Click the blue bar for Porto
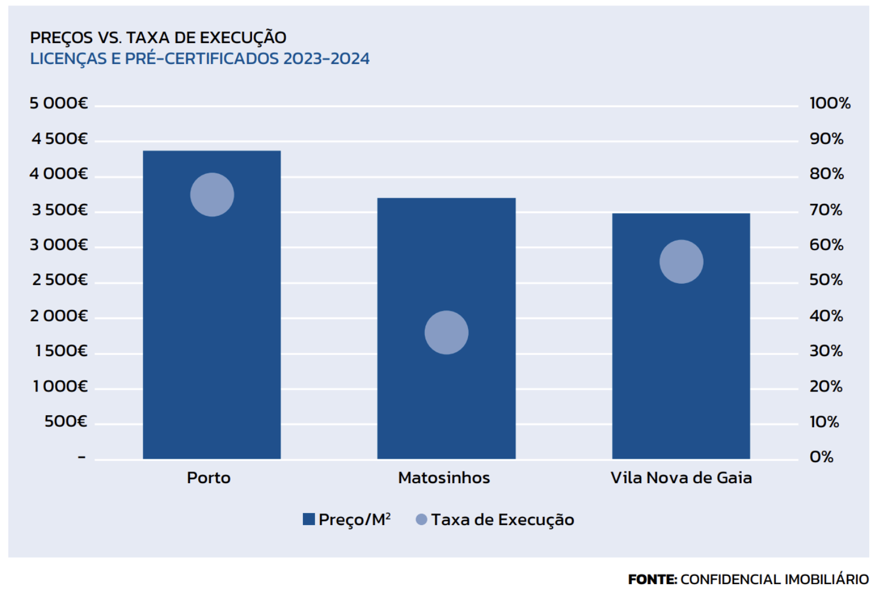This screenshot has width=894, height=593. [x=211, y=331]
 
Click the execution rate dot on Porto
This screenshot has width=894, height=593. [x=212, y=195]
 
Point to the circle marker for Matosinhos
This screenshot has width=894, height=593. [x=446, y=332]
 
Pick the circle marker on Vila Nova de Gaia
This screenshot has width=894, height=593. [x=681, y=262]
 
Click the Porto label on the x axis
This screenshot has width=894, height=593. [x=209, y=478]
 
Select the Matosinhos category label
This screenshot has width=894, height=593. [x=444, y=478]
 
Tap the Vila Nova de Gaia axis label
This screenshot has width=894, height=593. [x=681, y=478]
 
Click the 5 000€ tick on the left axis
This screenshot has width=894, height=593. [x=58, y=103]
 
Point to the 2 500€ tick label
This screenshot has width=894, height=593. [x=60, y=280]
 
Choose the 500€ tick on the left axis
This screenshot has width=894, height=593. [x=66, y=422]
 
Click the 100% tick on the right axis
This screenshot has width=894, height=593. [x=829, y=103]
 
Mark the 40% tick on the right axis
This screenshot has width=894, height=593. [x=826, y=316]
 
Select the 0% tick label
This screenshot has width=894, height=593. [x=821, y=457]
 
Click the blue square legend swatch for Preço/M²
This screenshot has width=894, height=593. [x=309, y=520]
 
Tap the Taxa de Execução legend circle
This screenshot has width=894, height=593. [x=422, y=520]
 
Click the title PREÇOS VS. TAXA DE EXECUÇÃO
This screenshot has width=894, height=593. [x=158, y=38]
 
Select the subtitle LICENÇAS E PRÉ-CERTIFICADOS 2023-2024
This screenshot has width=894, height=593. [x=200, y=59]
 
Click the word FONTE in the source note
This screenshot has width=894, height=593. [x=652, y=579]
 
